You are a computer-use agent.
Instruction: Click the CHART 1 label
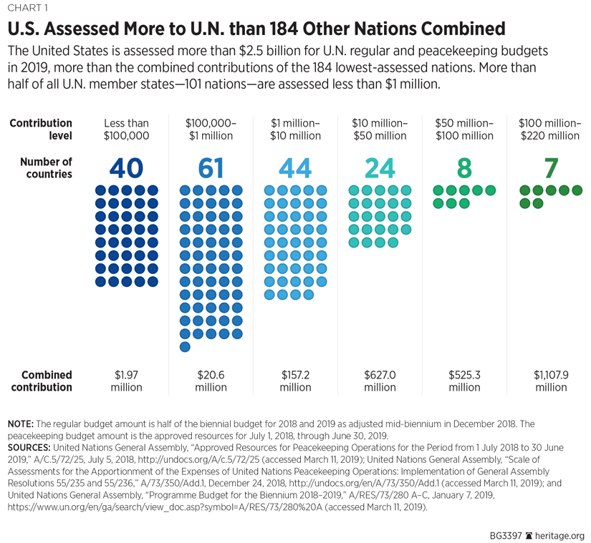pyautogui.click(x=27, y=9)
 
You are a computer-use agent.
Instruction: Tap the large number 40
pyautogui.click(x=126, y=167)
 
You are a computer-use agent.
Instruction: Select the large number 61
pyautogui.click(x=211, y=167)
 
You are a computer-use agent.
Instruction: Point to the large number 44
pyautogui.click(x=295, y=167)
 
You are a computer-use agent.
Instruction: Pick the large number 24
pyautogui.click(x=380, y=167)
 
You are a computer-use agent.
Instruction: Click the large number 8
pyautogui.click(x=464, y=167)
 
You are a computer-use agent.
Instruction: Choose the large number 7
pyautogui.click(x=550, y=167)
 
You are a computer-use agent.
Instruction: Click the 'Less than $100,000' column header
pyautogui.click(x=126, y=129)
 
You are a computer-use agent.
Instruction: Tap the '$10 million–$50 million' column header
pyautogui.click(x=380, y=129)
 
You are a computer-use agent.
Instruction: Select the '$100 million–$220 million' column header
pyautogui.click(x=550, y=129)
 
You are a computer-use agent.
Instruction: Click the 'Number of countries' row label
pyautogui.click(x=47, y=167)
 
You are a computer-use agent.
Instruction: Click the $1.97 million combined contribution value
pyautogui.click(x=126, y=381)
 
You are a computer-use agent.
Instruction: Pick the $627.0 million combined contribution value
pyautogui.click(x=380, y=381)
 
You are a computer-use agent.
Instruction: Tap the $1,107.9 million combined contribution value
pyautogui.click(x=550, y=381)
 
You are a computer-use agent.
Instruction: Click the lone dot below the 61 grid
pyautogui.click(x=185, y=347)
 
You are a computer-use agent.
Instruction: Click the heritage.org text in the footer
pyautogui.click(x=561, y=535)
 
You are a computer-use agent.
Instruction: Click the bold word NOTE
pyautogui.click(x=20, y=424)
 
